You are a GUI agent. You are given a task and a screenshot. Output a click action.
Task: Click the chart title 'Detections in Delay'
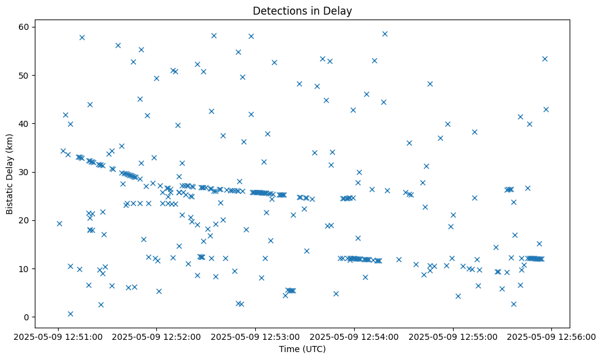coord(302,11)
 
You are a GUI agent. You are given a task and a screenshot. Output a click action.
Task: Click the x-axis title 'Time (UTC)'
coord(302,349)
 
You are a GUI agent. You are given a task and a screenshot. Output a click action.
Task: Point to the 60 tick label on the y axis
coord(24,27)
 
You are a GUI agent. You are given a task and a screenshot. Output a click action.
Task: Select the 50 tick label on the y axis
coord(24,75)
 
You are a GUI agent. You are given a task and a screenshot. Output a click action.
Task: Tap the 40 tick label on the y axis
coord(24,123)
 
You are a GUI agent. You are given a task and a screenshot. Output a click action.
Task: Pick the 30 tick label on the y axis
coord(24,172)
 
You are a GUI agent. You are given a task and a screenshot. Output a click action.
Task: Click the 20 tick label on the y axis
coord(24,220)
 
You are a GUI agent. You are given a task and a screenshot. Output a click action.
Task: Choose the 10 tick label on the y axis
coord(24,268)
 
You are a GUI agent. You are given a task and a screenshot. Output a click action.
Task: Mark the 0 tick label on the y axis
coord(27,317)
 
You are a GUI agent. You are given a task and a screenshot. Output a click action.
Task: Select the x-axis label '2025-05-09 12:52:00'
coord(157,336)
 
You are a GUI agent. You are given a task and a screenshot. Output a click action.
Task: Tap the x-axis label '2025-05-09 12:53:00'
coord(256,336)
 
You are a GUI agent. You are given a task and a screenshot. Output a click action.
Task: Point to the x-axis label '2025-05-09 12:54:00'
coord(355,336)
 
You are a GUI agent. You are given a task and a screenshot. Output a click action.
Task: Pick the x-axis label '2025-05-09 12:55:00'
coord(454,336)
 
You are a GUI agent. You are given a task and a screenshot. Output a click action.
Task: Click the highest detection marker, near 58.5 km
coord(385,34)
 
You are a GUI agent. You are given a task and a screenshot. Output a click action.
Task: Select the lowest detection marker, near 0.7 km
coord(70,314)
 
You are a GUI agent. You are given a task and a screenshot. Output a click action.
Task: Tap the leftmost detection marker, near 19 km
coord(59,223)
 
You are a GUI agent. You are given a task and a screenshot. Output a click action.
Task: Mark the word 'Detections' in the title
coord(277,11)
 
